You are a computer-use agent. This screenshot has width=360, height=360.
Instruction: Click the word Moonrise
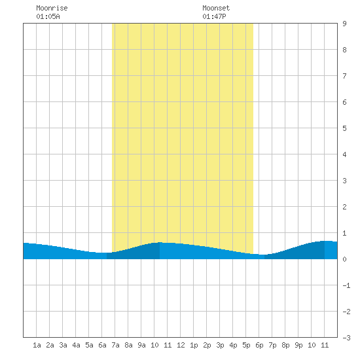[52, 8]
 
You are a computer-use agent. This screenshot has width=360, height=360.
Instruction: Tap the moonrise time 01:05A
[48, 16]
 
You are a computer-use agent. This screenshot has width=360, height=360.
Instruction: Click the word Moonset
[216, 8]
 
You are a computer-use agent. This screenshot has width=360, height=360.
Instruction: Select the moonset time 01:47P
[214, 16]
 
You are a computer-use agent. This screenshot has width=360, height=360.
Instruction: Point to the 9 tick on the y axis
[344, 24]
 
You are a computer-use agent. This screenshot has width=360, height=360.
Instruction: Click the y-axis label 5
[344, 128]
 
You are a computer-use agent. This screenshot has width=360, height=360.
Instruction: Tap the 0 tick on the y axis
[344, 259]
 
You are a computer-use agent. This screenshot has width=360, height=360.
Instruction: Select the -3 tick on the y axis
[346, 338]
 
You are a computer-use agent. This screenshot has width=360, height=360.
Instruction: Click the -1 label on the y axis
[346, 285]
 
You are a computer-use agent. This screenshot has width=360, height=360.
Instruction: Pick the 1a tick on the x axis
[37, 345]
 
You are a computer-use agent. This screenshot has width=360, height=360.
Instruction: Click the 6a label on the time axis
[102, 345]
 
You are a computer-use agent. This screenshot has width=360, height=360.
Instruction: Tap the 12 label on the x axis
[181, 345]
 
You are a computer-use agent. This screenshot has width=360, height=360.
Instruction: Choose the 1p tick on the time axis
[194, 345]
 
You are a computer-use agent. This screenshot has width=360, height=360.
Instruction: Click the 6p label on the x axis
[259, 345]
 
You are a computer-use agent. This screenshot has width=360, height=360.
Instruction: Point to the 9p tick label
[298, 345]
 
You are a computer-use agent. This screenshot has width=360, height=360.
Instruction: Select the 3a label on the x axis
[63, 345]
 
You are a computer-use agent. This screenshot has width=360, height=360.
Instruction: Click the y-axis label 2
[344, 207]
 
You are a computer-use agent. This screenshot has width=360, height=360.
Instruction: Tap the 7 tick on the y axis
[344, 76]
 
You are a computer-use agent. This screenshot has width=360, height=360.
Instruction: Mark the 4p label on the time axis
[233, 345]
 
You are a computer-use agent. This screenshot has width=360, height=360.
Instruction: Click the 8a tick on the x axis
[128, 345]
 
